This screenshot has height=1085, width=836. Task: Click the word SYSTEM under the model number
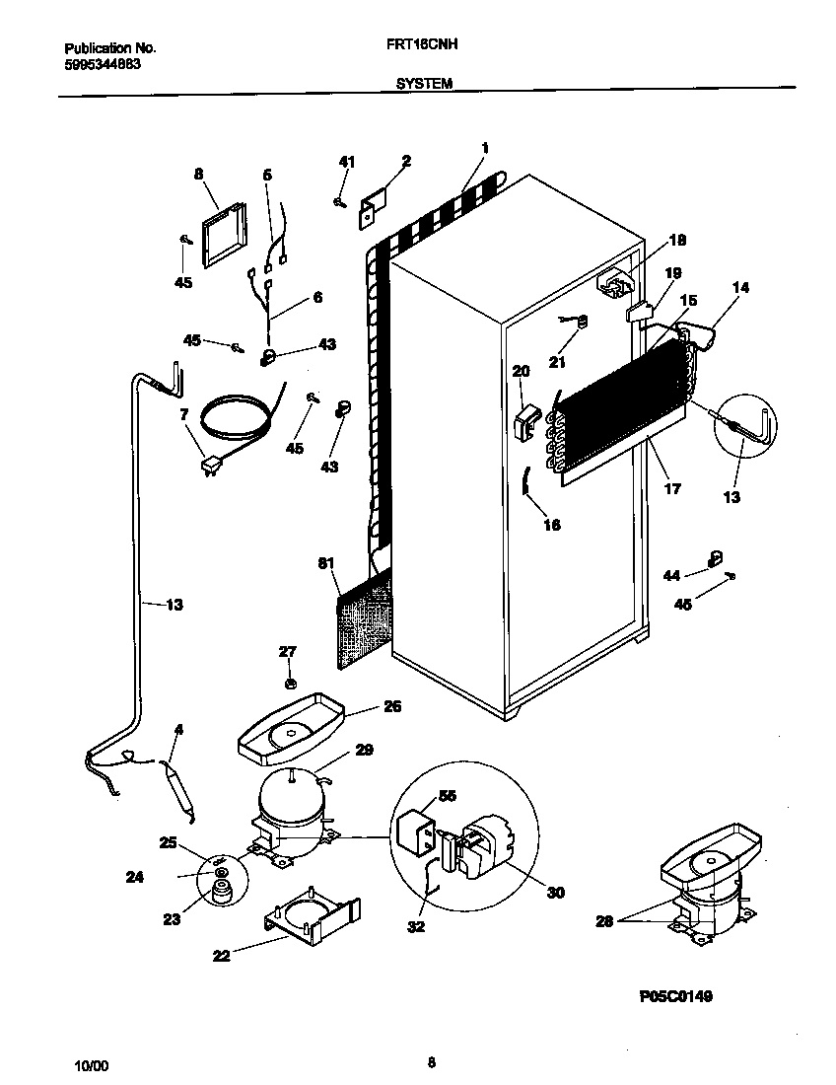pos(424,85)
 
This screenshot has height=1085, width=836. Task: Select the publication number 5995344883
pos(102,64)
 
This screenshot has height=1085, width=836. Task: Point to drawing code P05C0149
pos(675,996)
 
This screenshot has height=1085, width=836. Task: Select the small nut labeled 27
pos(289,682)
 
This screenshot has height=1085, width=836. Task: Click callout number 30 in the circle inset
pos(555,892)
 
